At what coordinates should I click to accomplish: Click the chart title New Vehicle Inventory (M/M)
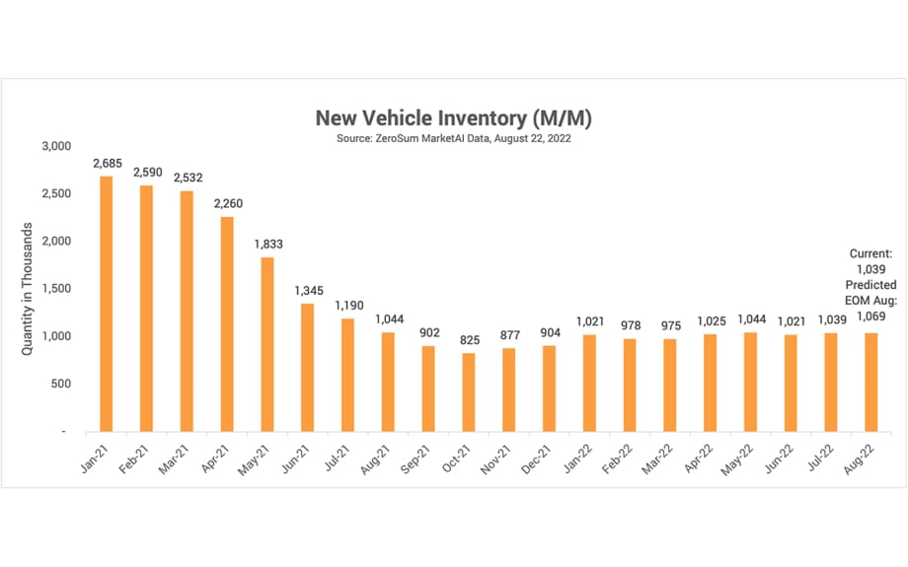point(453,118)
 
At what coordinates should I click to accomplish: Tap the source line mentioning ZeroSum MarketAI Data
point(453,139)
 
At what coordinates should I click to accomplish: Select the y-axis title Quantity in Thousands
point(30,287)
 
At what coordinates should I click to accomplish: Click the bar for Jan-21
point(106,304)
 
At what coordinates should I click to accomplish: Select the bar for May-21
point(266,344)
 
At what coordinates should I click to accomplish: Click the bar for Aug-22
point(871,383)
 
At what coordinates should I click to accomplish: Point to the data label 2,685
point(107,163)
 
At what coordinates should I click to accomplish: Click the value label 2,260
point(227,204)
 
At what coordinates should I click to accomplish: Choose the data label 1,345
point(308,291)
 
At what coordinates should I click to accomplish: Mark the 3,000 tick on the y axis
point(57,146)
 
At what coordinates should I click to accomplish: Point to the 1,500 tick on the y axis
point(57,289)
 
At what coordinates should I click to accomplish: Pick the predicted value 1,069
point(870,317)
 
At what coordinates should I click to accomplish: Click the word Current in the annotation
point(870,253)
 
